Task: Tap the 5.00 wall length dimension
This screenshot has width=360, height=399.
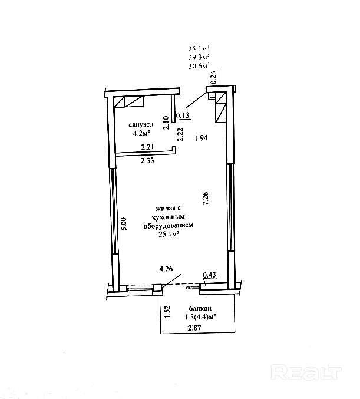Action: coord(124,223)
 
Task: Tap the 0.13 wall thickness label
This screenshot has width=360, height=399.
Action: coord(183,115)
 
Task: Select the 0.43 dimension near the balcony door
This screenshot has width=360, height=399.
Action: coord(209,275)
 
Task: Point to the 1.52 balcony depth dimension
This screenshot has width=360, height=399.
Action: coord(167,311)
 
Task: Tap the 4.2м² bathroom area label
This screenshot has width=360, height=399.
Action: coord(141,133)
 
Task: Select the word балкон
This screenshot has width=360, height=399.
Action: coord(200,309)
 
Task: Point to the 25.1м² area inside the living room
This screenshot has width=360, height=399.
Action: coord(169,234)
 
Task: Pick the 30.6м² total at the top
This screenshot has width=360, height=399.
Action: coord(199,67)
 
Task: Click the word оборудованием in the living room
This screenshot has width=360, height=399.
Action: coord(169,225)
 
